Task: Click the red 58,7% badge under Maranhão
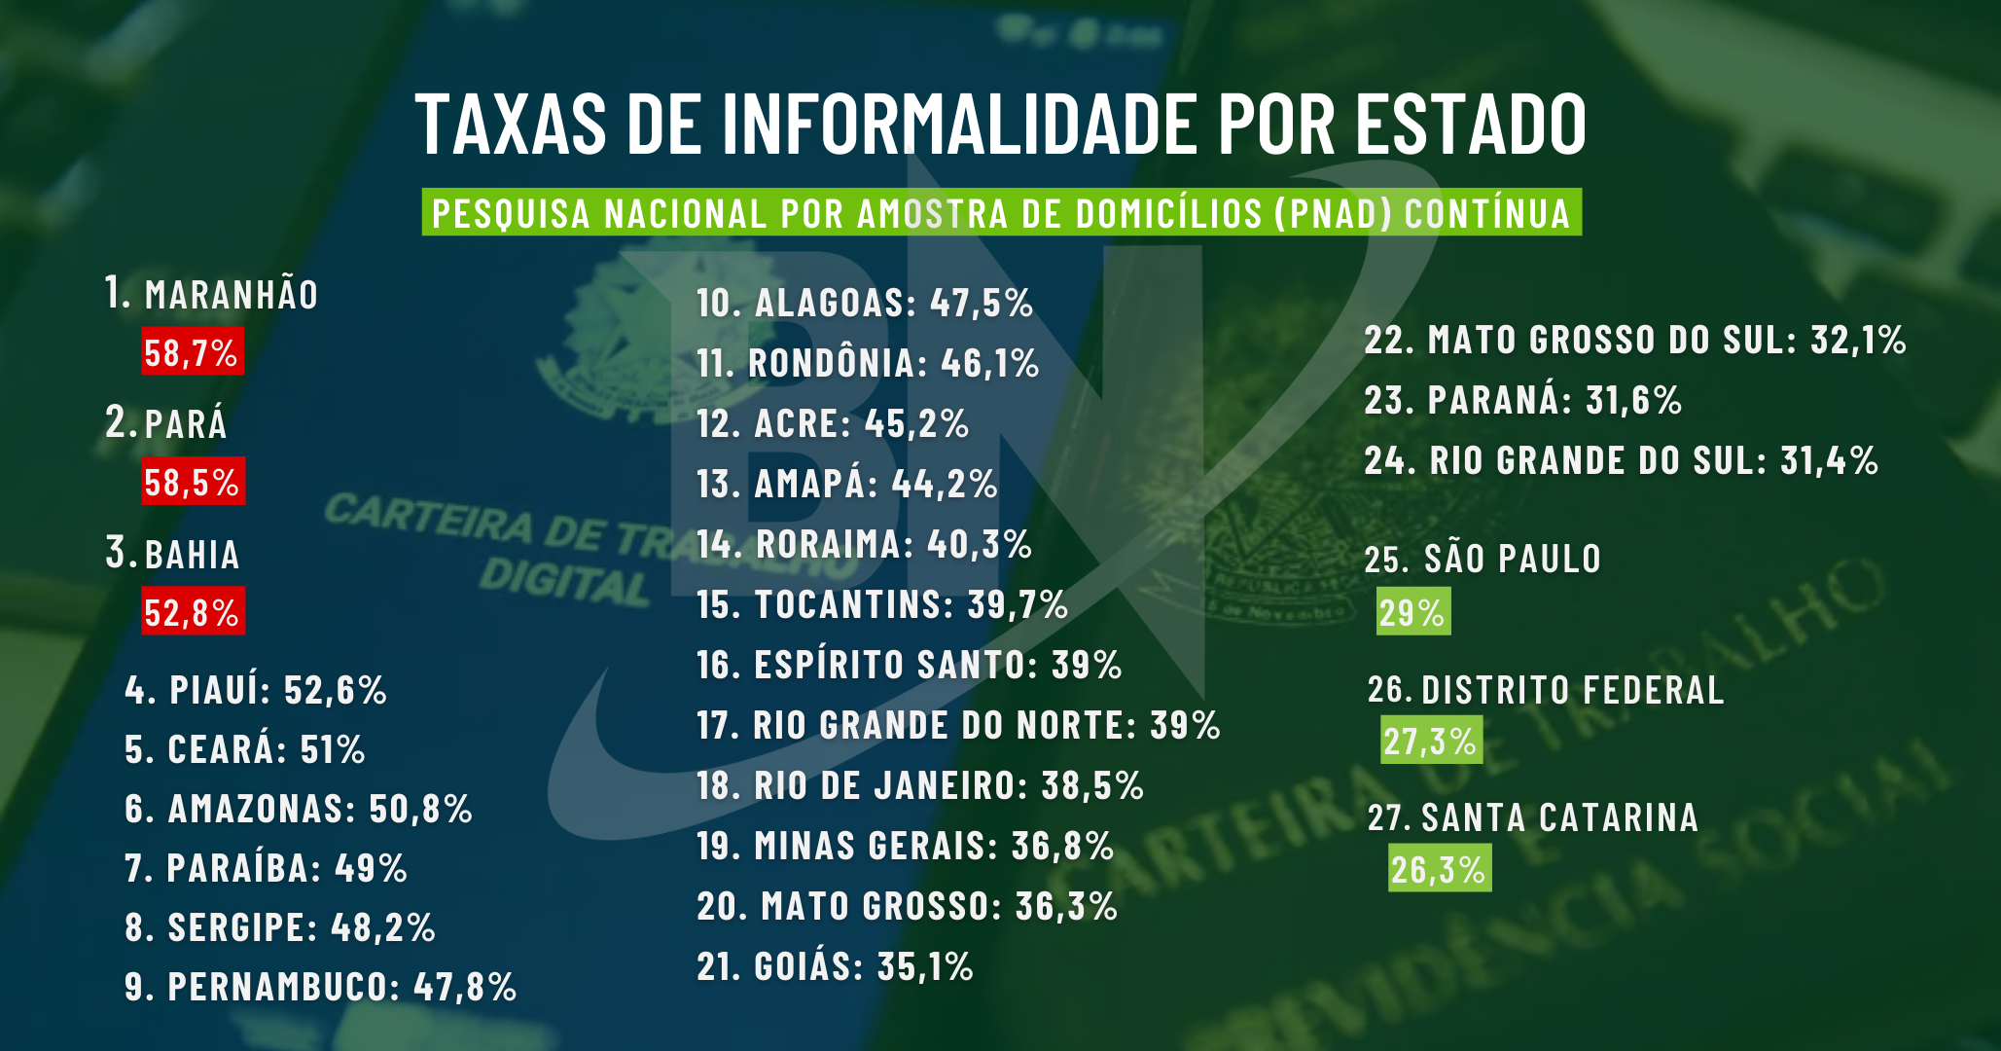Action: tap(192, 352)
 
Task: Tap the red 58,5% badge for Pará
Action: tap(193, 482)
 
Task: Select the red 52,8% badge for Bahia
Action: tap(193, 612)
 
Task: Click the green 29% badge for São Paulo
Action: tap(1412, 612)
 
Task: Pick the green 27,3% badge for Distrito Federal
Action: tap(1431, 741)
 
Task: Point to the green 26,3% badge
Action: tap(1439, 869)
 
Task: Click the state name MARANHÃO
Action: tap(232, 295)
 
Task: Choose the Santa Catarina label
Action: tap(1559, 817)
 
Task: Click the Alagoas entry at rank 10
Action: tap(864, 303)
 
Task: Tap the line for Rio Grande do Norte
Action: tap(957, 725)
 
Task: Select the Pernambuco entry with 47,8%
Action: tap(320, 987)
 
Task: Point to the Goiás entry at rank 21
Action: tap(835, 966)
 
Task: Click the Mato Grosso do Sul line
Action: tap(1634, 340)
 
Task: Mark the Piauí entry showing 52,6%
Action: tap(256, 690)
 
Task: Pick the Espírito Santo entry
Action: tap(909, 665)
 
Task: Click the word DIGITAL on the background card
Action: tap(564, 581)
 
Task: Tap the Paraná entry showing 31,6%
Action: tap(1522, 400)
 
